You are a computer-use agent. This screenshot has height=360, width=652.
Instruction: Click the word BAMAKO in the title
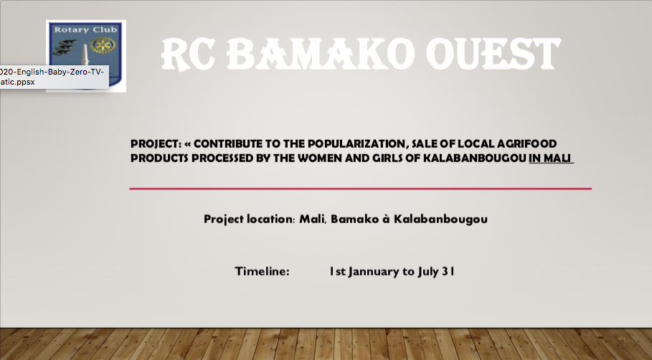(321, 54)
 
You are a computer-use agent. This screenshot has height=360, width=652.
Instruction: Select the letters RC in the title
(188, 54)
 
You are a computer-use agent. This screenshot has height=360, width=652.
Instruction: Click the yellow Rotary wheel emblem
(103, 45)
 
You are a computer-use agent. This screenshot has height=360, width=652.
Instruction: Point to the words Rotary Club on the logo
(85, 29)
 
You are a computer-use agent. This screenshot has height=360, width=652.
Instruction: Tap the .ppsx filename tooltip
(53, 77)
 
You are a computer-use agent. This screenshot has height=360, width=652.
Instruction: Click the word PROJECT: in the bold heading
(156, 144)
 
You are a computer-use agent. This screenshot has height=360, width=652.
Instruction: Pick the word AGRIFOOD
(527, 144)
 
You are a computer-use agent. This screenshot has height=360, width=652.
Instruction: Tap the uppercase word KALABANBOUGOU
(474, 158)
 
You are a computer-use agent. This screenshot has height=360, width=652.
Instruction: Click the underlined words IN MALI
(551, 158)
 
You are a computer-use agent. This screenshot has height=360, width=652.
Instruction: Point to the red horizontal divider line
(361, 189)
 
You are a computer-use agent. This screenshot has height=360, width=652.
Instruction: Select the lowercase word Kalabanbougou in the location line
(441, 219)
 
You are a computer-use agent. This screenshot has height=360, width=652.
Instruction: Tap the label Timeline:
(262, 272)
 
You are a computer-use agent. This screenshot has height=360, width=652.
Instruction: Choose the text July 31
(436, 272)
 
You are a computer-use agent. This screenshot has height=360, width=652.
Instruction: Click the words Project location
(249, 219)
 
